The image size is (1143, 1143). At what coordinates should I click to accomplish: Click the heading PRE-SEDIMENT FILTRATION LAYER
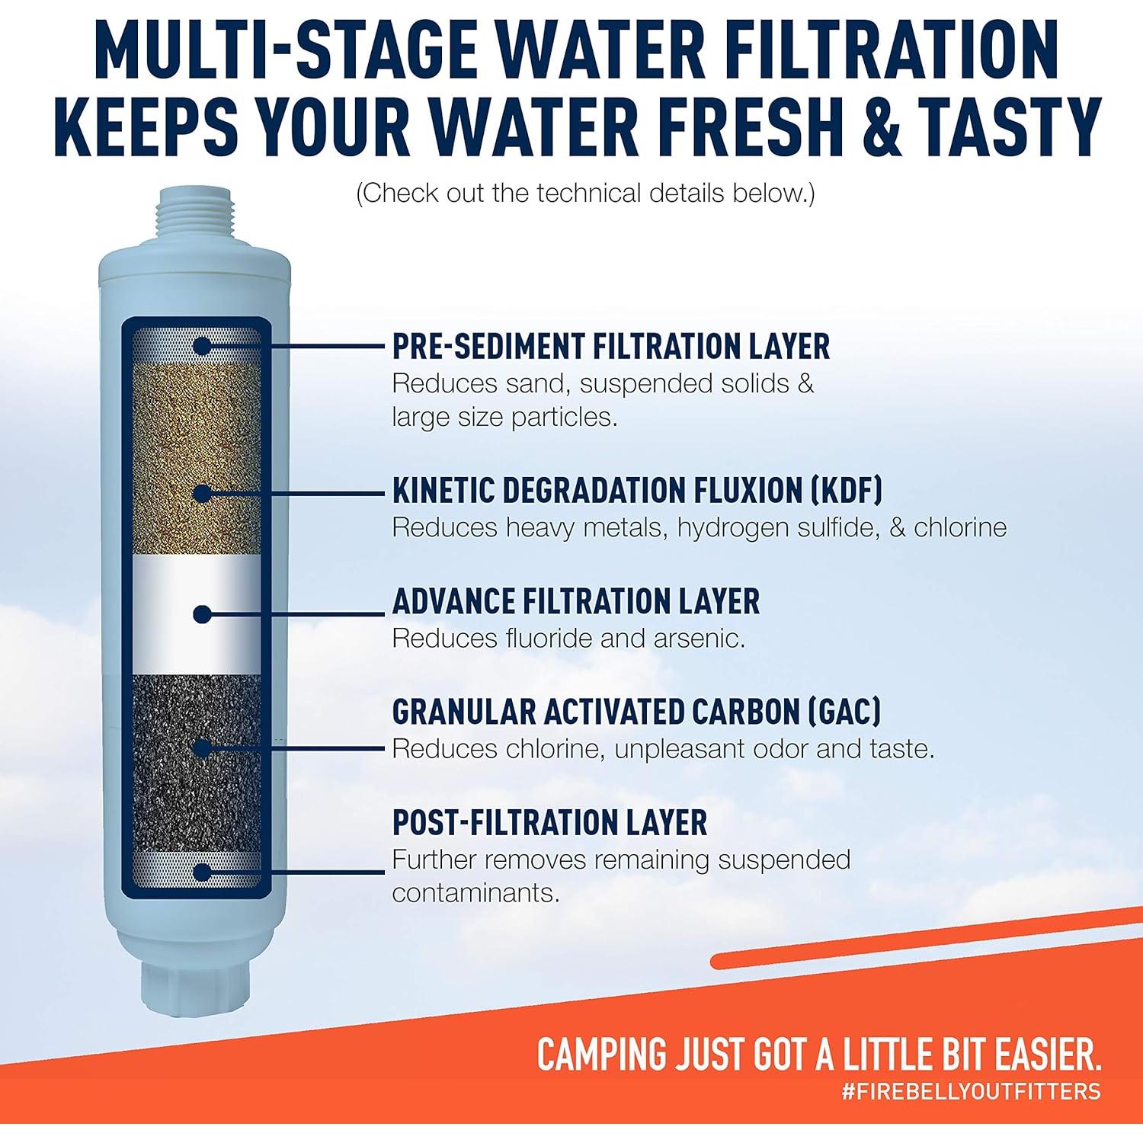click(x=610, y=347)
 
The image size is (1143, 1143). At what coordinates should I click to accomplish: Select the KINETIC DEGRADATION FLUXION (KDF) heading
click(x=637, y=490)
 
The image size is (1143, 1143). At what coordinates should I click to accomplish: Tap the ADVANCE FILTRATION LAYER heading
click(x=575, y=601)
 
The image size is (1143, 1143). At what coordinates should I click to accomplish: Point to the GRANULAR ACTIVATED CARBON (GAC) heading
click(x=636, y=712)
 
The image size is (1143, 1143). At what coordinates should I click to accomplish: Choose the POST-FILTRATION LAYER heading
click(x=549, y=823)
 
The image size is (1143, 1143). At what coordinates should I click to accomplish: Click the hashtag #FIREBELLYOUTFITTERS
click(x=971, y=1090)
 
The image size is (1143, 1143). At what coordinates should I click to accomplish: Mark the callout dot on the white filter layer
click(x=201, y=614)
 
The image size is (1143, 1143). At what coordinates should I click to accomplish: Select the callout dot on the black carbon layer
click(x=201, y=748)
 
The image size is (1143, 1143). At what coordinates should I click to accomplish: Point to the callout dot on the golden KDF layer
click(x=201, y=493)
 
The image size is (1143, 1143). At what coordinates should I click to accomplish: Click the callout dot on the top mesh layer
click(x=201, y=346)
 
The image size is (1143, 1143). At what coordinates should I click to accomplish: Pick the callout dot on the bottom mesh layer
click(x=201, y=872)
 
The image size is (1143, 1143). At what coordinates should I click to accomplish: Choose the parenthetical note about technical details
click(x=585, y=194)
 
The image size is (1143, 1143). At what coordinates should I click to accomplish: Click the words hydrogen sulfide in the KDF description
click(x=778, y=527)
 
